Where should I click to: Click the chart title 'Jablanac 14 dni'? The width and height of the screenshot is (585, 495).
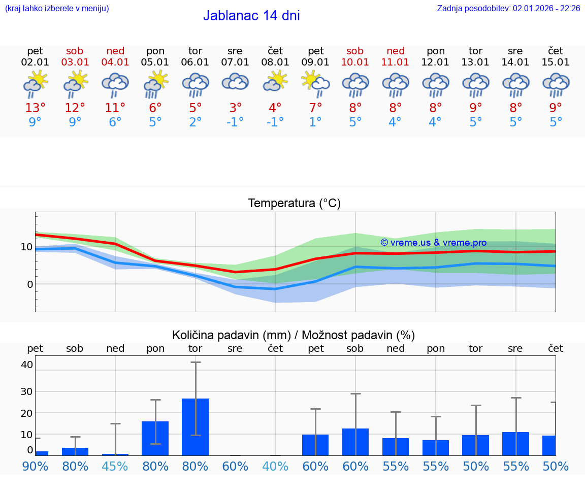251,16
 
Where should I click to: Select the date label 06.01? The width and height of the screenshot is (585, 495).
195,62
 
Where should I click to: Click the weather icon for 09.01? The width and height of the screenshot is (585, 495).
315,84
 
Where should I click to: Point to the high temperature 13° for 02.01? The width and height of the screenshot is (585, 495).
35,108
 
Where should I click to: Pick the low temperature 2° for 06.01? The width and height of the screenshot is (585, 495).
195,122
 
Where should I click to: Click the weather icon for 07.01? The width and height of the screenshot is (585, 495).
235,83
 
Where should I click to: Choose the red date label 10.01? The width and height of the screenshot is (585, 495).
355,62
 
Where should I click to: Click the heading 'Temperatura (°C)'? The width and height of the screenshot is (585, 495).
294,204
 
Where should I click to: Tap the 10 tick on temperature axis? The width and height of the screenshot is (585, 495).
27,247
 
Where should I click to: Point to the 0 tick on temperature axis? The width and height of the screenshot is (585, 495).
30,284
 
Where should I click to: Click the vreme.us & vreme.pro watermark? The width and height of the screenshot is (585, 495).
433,243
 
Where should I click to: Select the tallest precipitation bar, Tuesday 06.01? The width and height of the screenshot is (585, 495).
195,426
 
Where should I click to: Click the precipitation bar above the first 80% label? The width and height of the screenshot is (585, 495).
75,451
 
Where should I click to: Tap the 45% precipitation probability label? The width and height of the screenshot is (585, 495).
115,466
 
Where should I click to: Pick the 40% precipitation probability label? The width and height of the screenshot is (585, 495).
275,466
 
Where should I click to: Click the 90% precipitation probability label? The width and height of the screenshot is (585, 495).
35,466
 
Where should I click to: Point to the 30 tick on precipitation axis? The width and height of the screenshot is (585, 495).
27,391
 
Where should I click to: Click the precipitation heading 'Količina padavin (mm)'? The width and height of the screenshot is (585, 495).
231,335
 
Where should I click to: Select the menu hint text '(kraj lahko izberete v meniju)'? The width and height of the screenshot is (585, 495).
57,8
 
